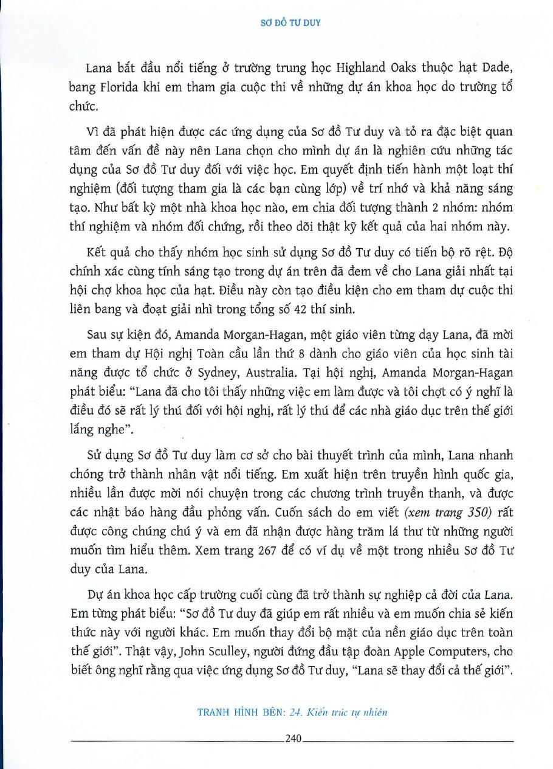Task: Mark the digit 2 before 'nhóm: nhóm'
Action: (x=404, y=207)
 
